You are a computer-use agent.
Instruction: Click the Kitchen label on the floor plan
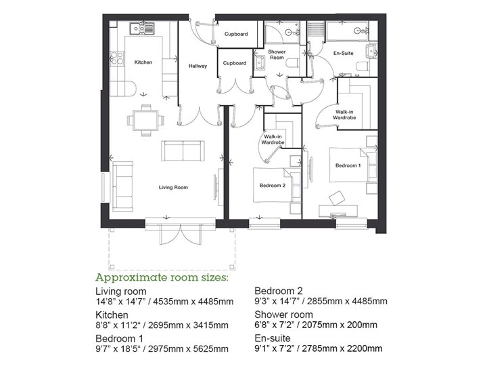[143, 62]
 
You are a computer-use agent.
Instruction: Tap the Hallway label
[198, 66]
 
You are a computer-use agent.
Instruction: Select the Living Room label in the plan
[173, 187]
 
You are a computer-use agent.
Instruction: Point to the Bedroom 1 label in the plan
[348, 165]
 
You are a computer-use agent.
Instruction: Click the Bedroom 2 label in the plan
[273, 185]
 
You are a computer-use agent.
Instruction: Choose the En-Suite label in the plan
[344, 52]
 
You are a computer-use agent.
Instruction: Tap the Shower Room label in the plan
[277, 56]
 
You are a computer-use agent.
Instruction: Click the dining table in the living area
[145, 121]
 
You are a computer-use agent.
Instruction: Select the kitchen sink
[143, 28]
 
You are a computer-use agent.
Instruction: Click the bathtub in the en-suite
[346, 30]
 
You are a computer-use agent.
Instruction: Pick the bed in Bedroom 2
[272, 184]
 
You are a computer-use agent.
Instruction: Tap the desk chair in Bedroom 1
[336, 197]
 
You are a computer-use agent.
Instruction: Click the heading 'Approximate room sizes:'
[162, 278]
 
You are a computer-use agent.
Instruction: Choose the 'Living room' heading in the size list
[122, 291]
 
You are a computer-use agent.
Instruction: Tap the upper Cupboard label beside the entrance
[235, 34]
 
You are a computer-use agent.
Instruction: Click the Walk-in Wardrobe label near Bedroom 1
[346, 114]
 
